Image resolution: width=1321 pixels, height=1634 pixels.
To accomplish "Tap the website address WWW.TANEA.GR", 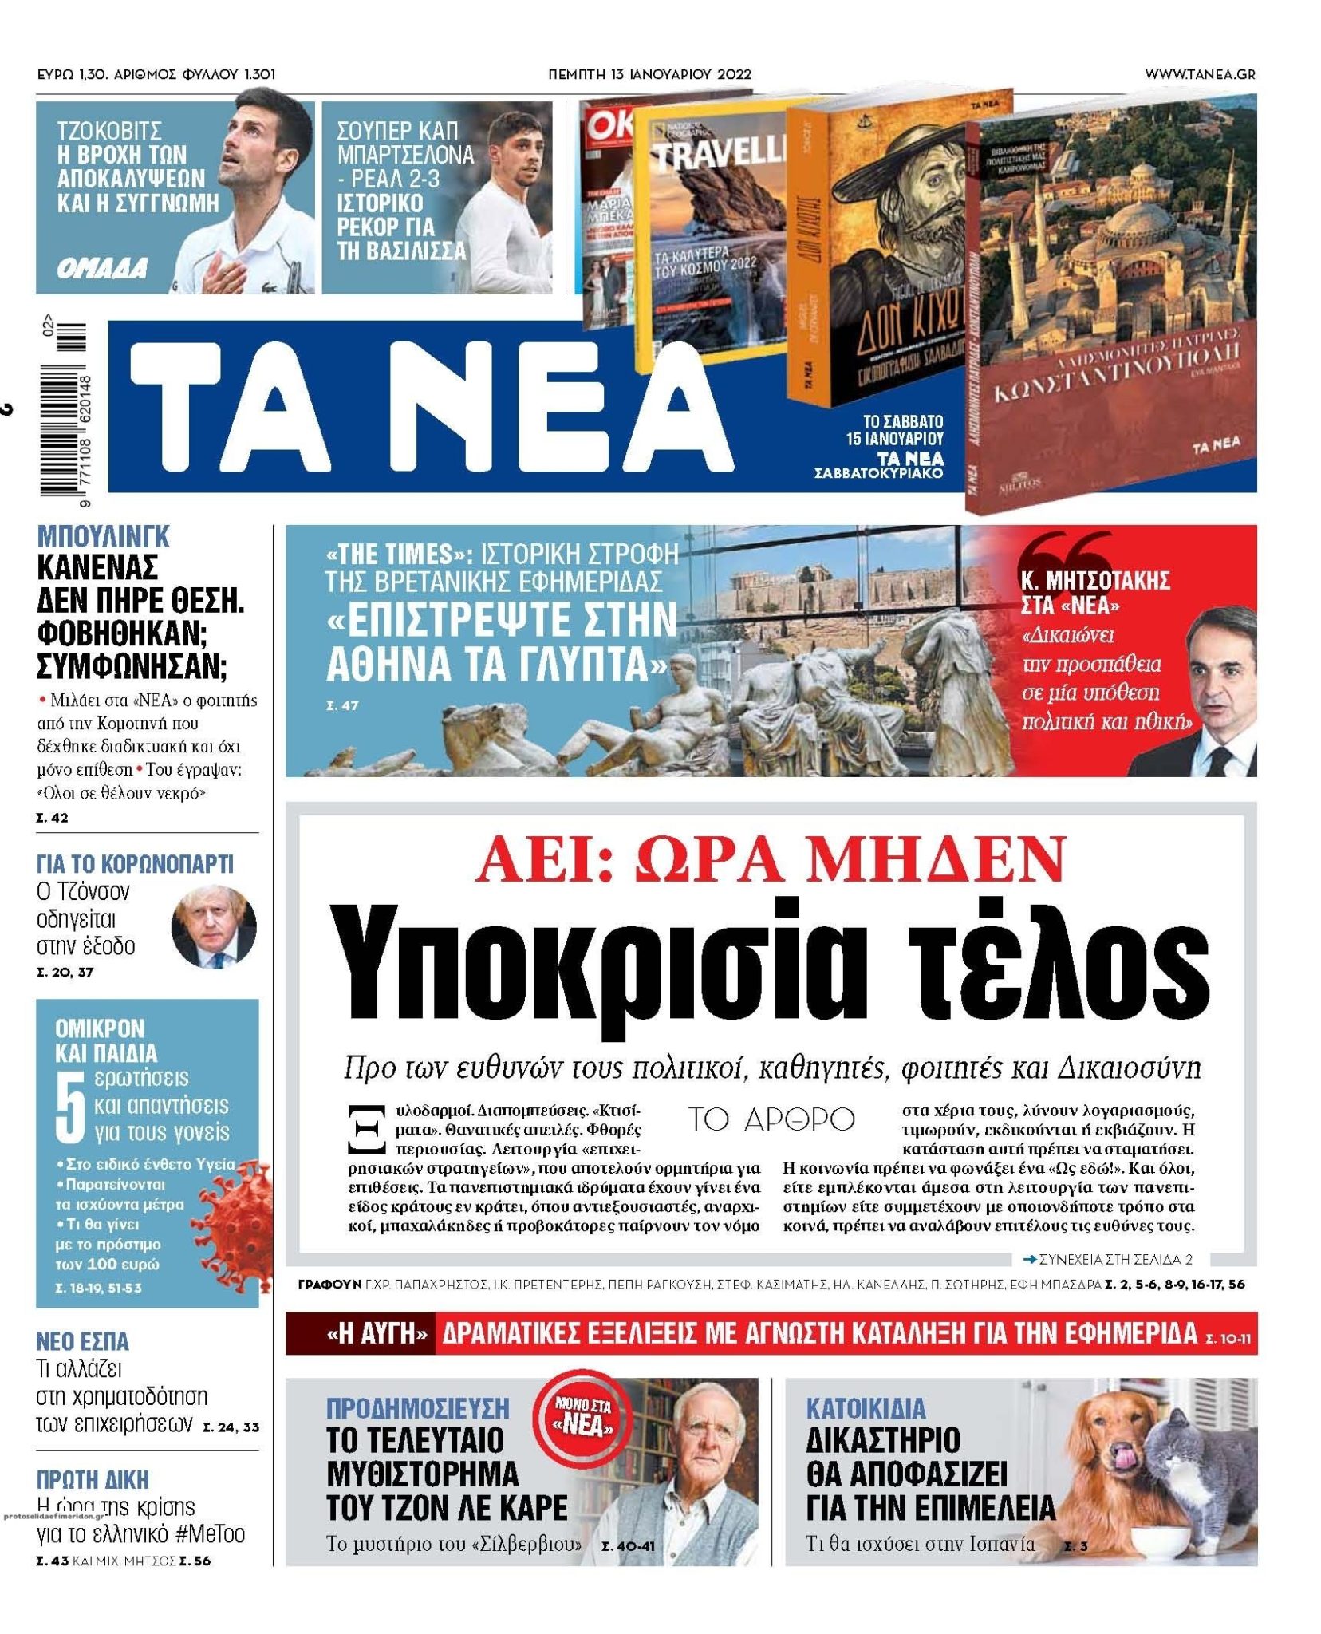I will [1199, 74].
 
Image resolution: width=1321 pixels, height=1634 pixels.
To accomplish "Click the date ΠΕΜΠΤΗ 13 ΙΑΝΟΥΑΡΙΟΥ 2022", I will [650, 74].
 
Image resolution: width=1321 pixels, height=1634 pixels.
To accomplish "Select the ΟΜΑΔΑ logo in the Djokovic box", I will [102, 269].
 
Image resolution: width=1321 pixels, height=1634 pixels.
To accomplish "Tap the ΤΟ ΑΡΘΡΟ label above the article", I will [771, 1119].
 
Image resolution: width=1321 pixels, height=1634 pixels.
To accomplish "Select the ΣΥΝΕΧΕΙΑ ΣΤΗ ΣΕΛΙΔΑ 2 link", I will [1109, 1259].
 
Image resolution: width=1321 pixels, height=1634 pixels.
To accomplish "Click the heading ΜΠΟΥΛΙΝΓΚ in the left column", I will [104, 537].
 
